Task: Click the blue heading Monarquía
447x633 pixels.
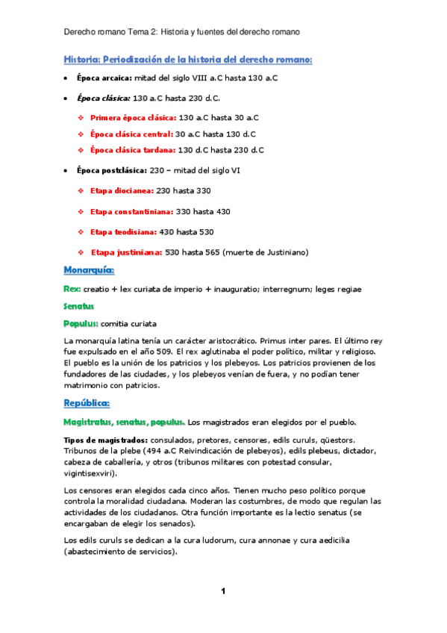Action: coord(89,269)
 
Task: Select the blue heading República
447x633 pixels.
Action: coord(87,404)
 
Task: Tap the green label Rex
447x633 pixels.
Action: coord(72,289)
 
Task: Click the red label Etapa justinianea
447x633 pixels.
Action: coord(126,252)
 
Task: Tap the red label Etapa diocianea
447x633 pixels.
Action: coord(121,192)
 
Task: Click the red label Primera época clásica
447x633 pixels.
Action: coord(133,117)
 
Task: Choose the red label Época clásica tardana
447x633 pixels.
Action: coord(131,150)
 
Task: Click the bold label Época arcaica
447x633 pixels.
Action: coord(104,78)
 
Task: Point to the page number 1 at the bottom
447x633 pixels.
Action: coord(223,592)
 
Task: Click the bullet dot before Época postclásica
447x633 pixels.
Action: coord(66,170)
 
